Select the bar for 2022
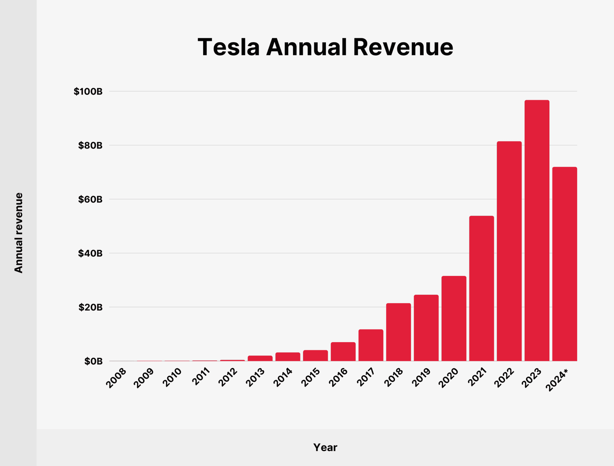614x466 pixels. coord(509,251)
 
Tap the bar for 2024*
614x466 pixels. coord(564,264)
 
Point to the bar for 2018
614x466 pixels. coord(398,332)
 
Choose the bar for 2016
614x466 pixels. coord(343,352)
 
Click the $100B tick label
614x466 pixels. coord(88,92)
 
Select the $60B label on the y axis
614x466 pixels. coord(90,200)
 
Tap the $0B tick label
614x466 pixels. coord(93,361)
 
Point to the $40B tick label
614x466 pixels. coord(90,254)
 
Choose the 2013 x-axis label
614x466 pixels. coord(255,378)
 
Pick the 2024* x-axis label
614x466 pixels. coord(557,380)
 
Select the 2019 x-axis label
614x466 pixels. coord(421,378)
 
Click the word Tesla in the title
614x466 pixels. coord(228,47)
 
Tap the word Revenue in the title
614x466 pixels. coord(403,47)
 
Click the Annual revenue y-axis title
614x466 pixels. coord(19,233)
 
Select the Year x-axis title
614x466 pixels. coord(325,447)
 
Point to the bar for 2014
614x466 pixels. coord(287,357)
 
